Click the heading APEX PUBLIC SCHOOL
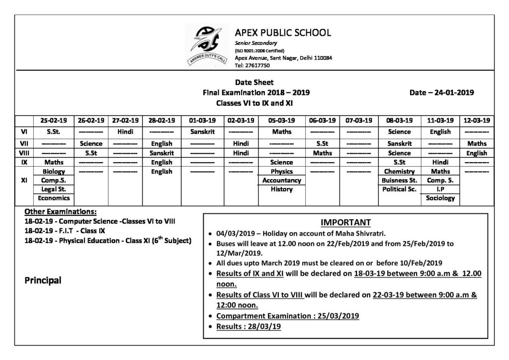[x=282, y=33]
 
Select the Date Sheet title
[x=254, y=83]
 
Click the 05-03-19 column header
[x=282, y=120]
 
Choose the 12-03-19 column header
[x=477, y=120]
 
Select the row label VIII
[x=24, y=153]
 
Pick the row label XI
[x=24, y=180]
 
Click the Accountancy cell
[x=282, y=180]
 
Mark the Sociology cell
[x=440, y=198]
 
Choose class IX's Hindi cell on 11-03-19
[x=440, y=162]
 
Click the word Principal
[x=43, y=280]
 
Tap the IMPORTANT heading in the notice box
[x=345, y=222]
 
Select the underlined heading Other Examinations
[x=61, y=212]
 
